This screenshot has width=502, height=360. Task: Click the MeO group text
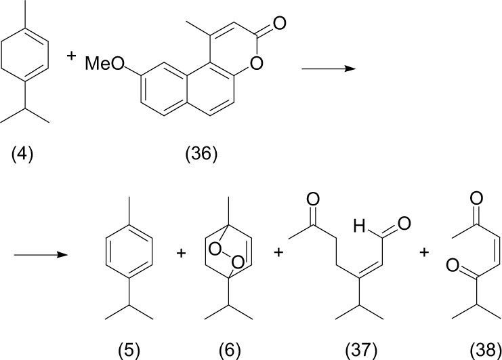coord(104,64)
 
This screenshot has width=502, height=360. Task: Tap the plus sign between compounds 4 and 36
coord(71,56)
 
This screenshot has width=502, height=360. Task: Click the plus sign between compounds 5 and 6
coord(181,254)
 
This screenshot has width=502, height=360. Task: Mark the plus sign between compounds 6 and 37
coord(280,254)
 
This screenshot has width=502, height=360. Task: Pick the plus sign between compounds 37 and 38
coord(425,254)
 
